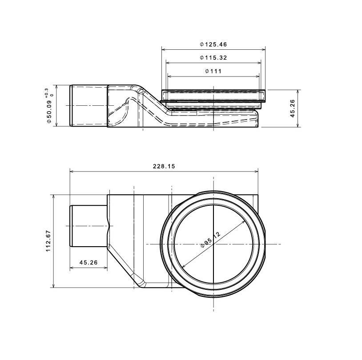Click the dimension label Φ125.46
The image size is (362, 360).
point(213,44)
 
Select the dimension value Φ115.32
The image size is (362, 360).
point(213,57)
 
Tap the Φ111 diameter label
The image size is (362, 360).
point(213,71)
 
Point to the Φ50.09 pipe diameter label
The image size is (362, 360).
point(49,108)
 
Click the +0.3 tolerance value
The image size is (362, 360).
point(47,92)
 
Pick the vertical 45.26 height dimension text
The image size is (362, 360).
point(293,108)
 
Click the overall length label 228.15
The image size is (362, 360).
point(164,166)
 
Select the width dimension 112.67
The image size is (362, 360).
point(48,241)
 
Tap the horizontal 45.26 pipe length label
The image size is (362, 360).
point(88,262)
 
